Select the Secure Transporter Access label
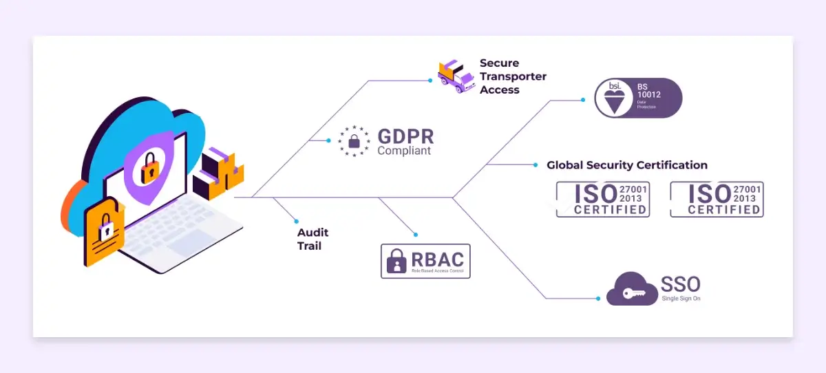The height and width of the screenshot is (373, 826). click(x=512, y=76)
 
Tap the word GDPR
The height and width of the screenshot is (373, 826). click(x=405, y=136)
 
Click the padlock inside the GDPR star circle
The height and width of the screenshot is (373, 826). click(x=354, y=142)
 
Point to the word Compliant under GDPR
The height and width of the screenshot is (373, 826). click(x=404, y=151)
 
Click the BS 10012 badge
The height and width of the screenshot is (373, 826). click(x=638, y=98)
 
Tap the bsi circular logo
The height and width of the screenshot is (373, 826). click(x=613, y=98)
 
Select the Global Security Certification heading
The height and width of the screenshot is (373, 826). click(x=626, y=165)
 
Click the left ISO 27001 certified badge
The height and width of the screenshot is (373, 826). click(x=602, y=199)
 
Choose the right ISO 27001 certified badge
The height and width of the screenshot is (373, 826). click(x=717, y=199)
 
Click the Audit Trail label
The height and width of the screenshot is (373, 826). click(x=310, y=239)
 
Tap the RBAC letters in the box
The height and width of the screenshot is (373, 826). click(x=437, y=260)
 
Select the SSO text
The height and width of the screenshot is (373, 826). click(x=680, y=284)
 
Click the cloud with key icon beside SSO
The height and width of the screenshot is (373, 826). click(x=631, y=290)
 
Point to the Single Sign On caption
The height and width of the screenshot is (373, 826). click(x=681, y=299)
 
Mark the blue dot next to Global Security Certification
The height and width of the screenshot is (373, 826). click(x=536, y=165)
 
